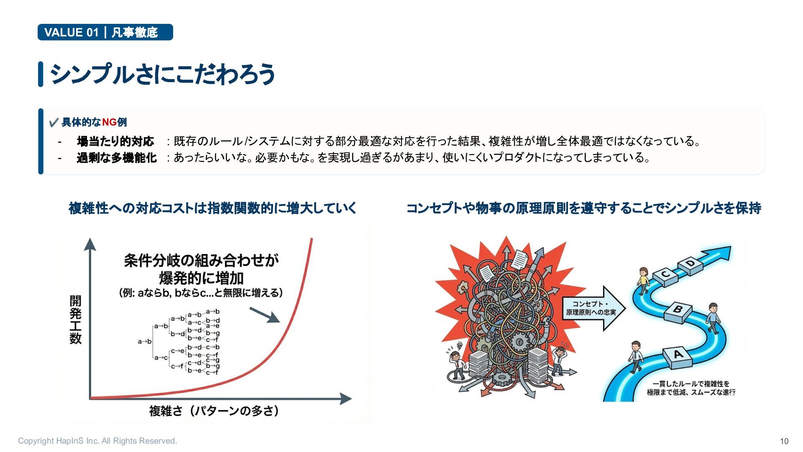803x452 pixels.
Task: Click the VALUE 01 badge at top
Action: pos(105,32)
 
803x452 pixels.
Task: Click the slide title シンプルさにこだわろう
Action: pos(162,74)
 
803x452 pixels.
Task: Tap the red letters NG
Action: pos(109,122)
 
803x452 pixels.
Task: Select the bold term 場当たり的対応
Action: pos(115,141)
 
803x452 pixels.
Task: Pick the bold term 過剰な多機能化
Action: pos(117,158)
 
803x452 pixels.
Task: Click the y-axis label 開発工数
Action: pos(76,320)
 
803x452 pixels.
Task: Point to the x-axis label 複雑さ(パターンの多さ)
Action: pos(214,411)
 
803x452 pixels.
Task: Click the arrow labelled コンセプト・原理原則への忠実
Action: pos(593,308)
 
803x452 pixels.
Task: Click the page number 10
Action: pos(784,441)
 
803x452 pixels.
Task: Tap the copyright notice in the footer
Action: pos(97,441)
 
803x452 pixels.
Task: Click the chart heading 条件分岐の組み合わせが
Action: pos(201,260)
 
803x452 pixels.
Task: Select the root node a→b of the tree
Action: pos(145,342)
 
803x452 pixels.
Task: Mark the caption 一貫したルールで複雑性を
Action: pos(691,384)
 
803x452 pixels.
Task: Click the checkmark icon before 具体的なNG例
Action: pos(53,123)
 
